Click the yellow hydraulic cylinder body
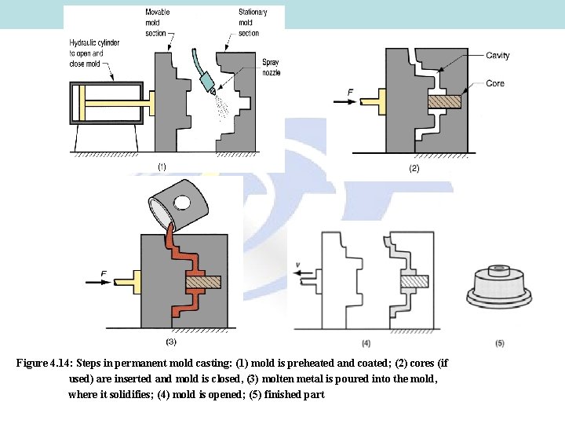click(105, 103)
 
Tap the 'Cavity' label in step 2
click(498, 55)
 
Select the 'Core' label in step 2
click(495, 83)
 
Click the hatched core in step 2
click(444, 101)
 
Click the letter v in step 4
click(298, 264)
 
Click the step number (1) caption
click(162, 166)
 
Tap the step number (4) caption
click(366, 343)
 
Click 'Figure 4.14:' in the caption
click(44, 364)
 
